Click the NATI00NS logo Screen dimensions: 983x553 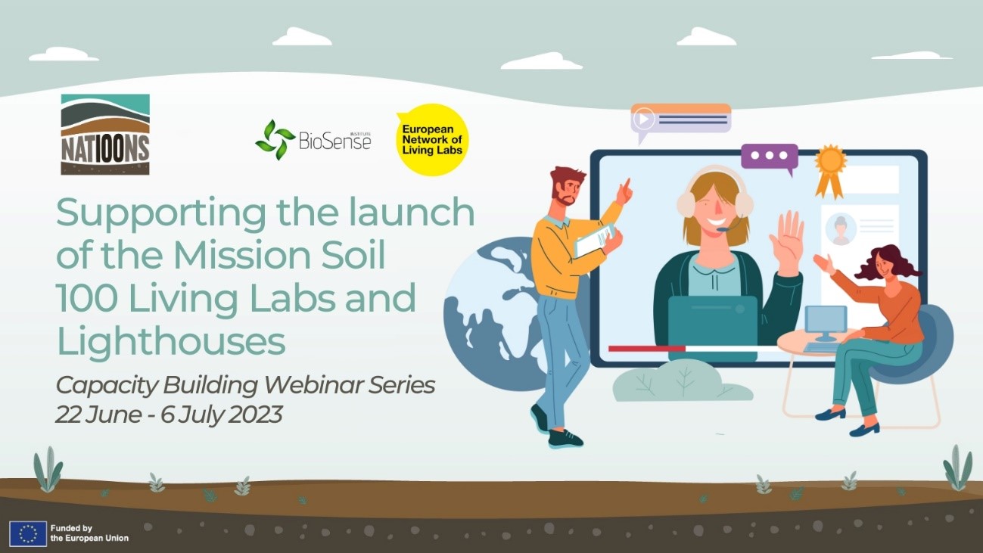105,135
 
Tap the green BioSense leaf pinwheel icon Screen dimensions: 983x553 275,140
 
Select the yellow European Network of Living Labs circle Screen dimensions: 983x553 432,140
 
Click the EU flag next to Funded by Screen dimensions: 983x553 28,533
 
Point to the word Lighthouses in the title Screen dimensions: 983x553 171,342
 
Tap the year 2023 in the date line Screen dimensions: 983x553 256,415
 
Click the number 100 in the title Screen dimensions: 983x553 86,298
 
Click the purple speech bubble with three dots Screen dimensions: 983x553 770,157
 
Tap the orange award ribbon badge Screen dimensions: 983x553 830,170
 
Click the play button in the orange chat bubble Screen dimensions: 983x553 644,119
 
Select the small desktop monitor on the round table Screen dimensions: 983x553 826,323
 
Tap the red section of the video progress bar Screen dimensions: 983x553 647,349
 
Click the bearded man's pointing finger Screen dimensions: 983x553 627,184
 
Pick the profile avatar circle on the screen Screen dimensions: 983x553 841,229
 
